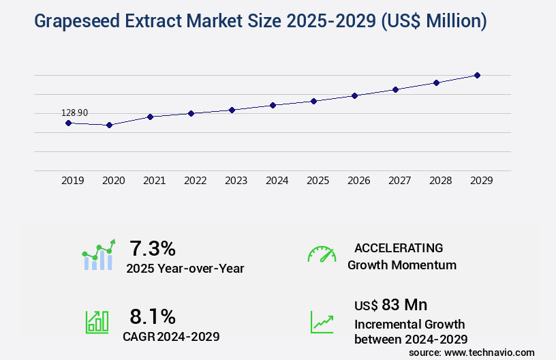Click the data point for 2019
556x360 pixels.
click(68, 123)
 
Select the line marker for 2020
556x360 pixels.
click(109, 125)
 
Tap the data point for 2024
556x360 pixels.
click(273, 105)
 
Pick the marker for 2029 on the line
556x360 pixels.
click(477, 75)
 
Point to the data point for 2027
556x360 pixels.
click(395, 89)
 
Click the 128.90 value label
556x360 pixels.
click(74, 112)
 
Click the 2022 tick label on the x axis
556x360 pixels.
click(195, 181)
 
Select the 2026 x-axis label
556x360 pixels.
click(358, 181)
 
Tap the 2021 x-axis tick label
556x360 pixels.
click(154, 181)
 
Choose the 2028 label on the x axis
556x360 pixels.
click(440, 181)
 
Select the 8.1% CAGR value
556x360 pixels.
click(153, 316)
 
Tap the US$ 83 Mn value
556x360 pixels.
click(390, 304)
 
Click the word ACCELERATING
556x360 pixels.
click(399, 247)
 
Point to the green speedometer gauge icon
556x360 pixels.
click(322, 254)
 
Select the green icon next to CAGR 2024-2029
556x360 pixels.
click(97, 322)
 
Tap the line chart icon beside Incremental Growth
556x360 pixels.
click(322, 322)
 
